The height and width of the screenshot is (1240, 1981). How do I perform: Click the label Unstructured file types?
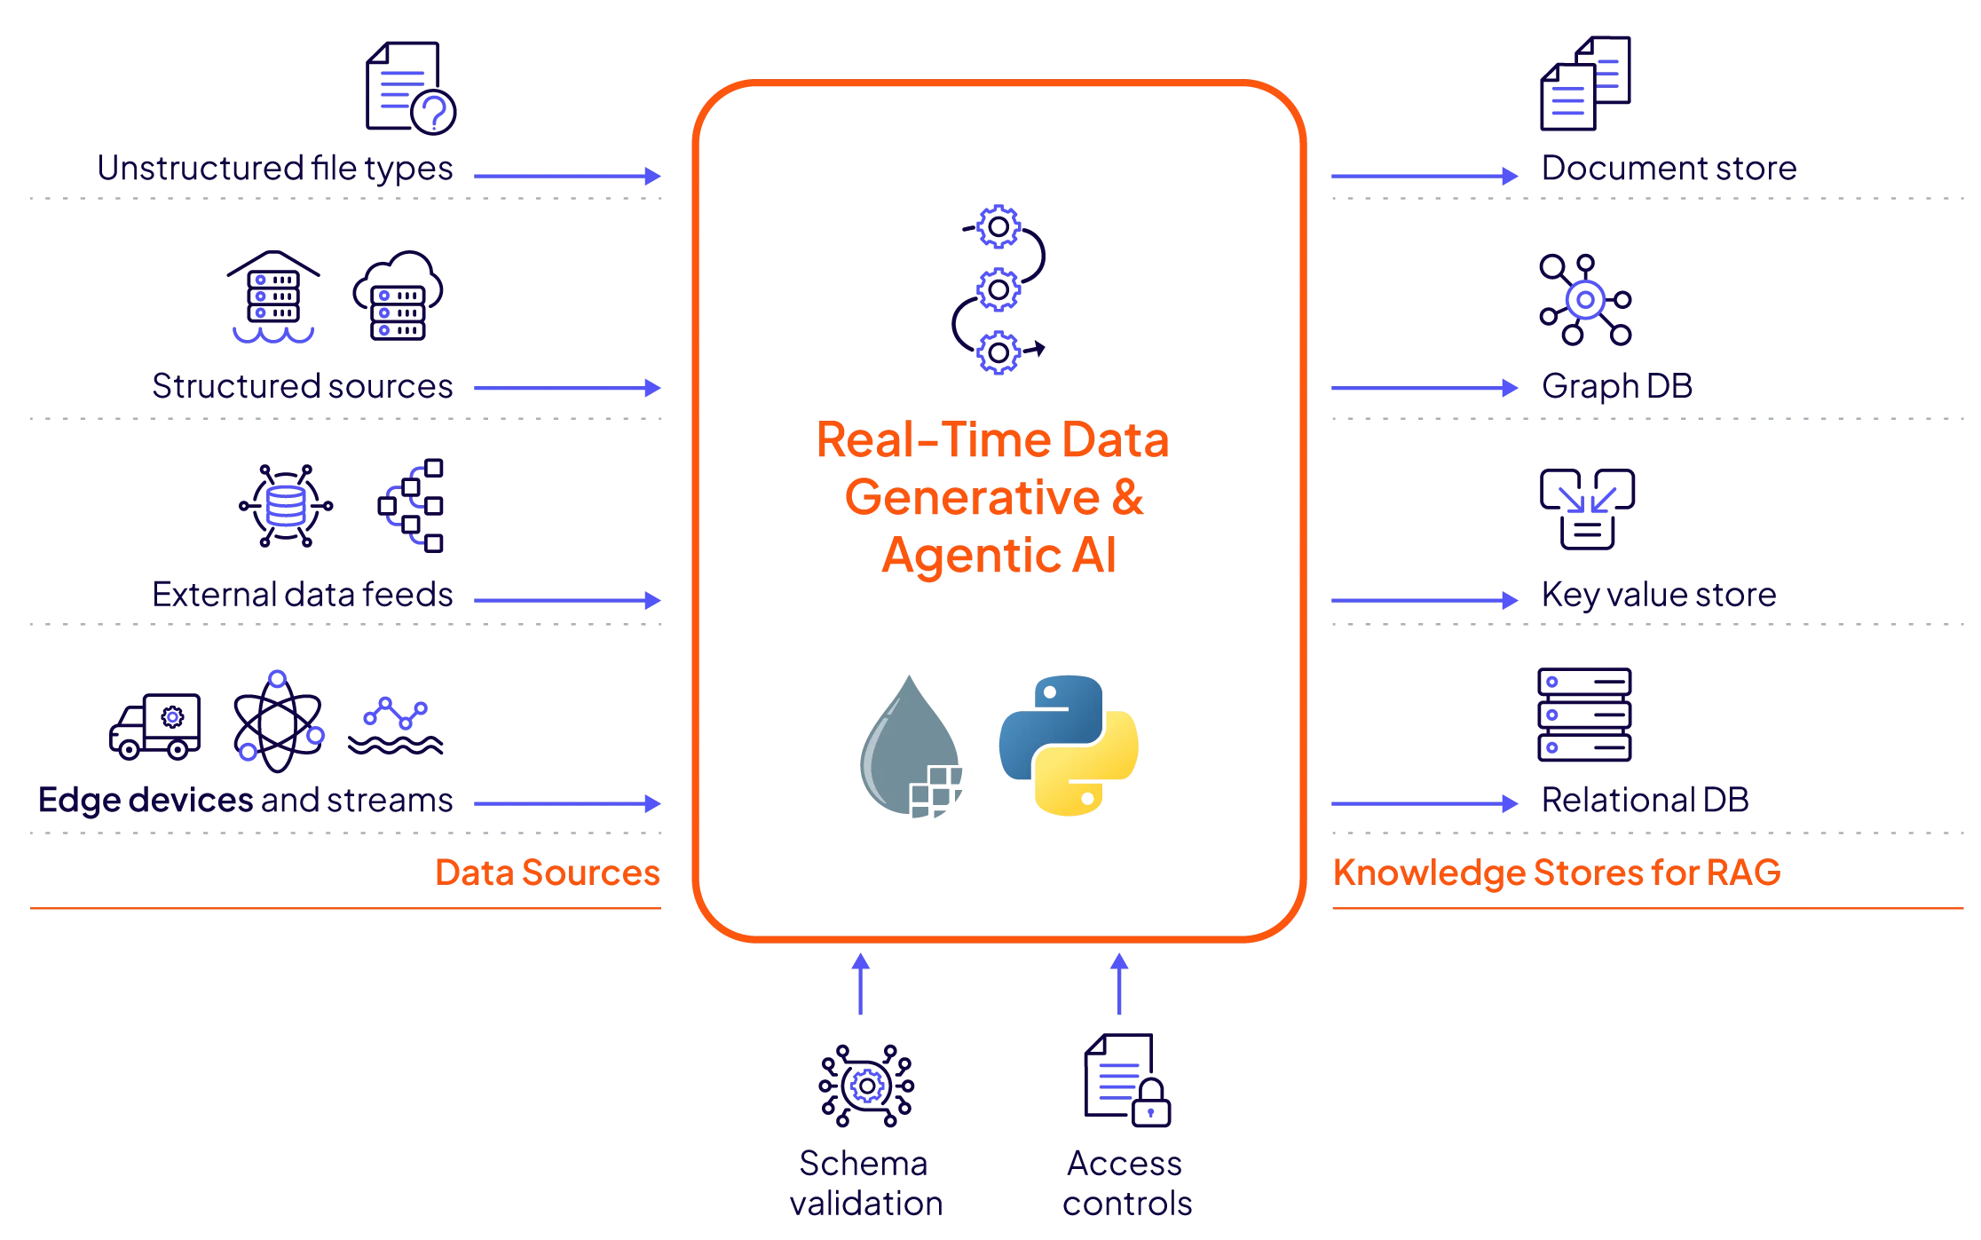pyautogui.click(x=276, y=169)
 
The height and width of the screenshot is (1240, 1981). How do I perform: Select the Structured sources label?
pyautogui.click(x=303, y=387)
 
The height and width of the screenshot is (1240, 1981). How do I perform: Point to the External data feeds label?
pyautogui.click(x=302, y=594)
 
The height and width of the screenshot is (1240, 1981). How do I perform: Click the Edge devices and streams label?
pyautogui.click(x=245, y=801)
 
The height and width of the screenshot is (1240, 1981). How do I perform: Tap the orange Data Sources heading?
pyautogui.click(x=547, y=873)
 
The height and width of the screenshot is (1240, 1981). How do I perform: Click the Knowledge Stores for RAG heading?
pyautogui.click(x=1558, y=873)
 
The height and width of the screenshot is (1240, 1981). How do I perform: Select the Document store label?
pyautogui.click(x=1669, y=168)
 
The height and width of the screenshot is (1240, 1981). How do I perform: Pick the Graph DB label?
pyautogui.click(x=1618, y=386)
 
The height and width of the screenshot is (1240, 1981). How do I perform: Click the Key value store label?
pyautogui.click(x=1659, y=594)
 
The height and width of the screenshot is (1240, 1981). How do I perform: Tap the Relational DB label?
pyautogui.click(x=1646, y=801)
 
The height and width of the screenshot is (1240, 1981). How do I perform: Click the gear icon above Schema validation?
pyautogui.click(x=865, y=1085)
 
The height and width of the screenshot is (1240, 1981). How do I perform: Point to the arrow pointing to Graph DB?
pyautogui.click(x=1424, y=388)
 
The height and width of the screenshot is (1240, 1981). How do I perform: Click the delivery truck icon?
pyautogui.click(x=156, y=726)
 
